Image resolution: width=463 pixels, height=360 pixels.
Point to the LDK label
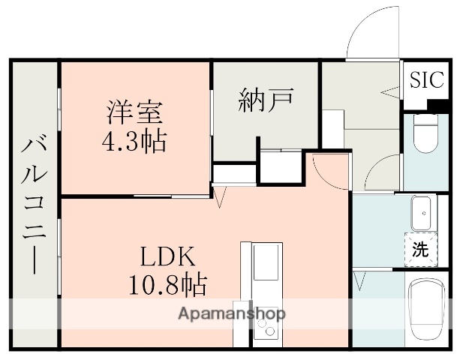(x=167, y=257)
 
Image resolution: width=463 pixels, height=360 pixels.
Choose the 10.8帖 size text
(x=167, y=284)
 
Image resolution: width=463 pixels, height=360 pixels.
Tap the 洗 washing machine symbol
(x=421, y=250)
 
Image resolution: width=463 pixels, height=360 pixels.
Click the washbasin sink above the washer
(x=422, y=214)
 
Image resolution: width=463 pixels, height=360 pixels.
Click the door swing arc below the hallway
(x=383, y=174)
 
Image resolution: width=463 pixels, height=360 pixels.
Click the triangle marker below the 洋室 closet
(x=220, y=198)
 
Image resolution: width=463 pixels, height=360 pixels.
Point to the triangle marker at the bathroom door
(x=361, y=282)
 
